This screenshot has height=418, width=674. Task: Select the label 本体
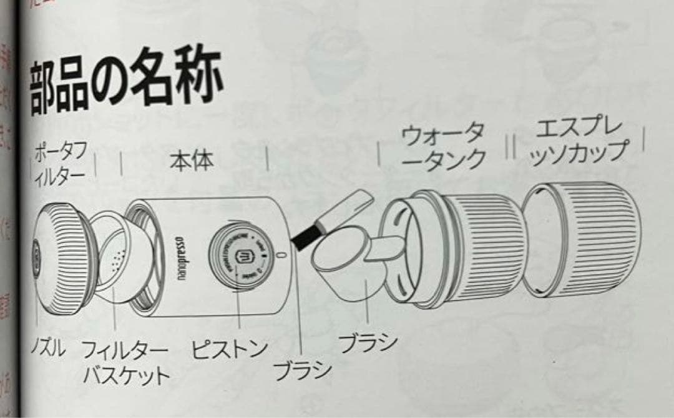point(192,161)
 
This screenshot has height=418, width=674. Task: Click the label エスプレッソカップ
point(577,142)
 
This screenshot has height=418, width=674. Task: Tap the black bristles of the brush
point(305,237)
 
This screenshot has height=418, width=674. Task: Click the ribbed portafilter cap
point(59,256)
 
